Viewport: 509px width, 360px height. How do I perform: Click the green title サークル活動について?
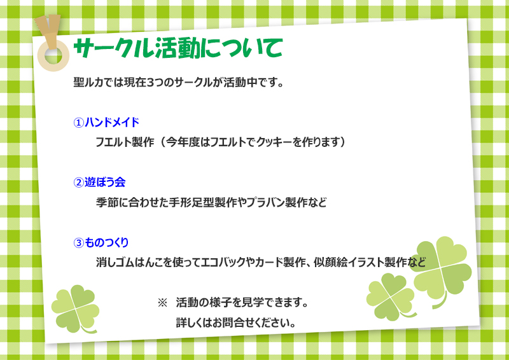pos(178,48)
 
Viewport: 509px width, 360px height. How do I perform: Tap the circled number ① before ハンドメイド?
pos(78,123)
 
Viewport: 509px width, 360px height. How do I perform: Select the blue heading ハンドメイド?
pos(112,122)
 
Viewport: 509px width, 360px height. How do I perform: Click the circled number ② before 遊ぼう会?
pos(78,183)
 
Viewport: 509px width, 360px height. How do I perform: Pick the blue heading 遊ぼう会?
pos(105,182)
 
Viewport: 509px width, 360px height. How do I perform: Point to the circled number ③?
pos(78,243)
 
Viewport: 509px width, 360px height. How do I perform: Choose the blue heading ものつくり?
pos(107,242)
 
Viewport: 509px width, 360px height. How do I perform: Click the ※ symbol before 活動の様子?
pos(162,303)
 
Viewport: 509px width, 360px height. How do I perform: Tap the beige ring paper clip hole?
pos(53,55)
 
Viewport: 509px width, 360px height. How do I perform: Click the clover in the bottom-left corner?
pos(76,309)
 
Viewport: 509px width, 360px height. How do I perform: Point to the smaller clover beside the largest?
pos(391,296)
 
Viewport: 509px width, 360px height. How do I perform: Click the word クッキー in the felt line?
pos(275,142)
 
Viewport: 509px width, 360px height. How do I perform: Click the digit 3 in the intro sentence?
pos(150,83)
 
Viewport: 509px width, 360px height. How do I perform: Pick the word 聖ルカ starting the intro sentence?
pos(84,83)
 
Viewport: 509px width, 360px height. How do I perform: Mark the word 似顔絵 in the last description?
pos(330,262)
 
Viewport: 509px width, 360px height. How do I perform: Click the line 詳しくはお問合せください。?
pos(236,323)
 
